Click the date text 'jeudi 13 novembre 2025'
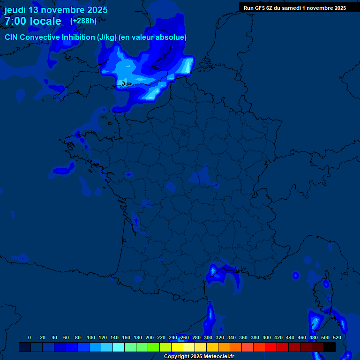click(x=56, y=10)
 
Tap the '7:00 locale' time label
click(x=33, y=21)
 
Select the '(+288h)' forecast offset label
click(x=83, y=21)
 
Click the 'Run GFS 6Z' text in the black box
click(x=261, y=8)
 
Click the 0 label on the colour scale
click(x=30, y=337)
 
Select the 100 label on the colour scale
click(x=91, y=337)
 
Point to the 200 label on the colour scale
click(x=150, y=337)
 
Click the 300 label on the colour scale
click(x=208, y=337)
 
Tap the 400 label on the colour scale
click(x=267, y=337)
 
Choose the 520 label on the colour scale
click(x=337, y=337)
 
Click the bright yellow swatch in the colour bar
click(x=177, y=347)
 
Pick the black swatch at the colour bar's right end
click(x=329, y=347)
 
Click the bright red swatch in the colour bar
click(x=270, y=347)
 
